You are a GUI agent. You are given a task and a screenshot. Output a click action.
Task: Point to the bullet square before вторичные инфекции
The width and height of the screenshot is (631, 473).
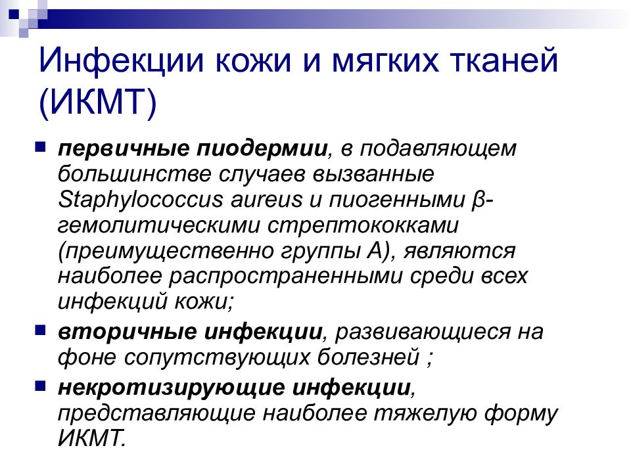coord(41,328)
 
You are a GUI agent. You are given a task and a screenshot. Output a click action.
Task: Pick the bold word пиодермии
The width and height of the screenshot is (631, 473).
coord(262,149)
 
